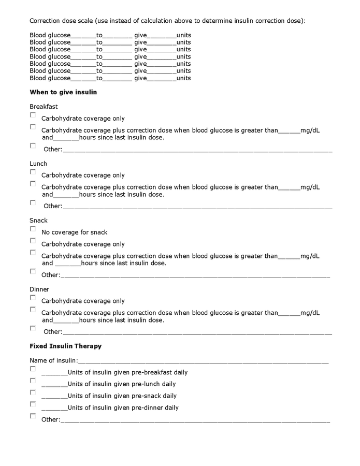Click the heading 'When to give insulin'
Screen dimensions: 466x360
click(63, 92)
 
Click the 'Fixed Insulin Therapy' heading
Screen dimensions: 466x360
click(65, 346)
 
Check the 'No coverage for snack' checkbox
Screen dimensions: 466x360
click(33, 229)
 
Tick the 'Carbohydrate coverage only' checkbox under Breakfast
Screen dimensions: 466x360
click(33, 115)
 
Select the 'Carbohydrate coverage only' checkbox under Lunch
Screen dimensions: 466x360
click(33, 172)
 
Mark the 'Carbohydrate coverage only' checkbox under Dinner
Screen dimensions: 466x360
click(33, 298)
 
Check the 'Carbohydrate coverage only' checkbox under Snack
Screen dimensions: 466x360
click(33, 241)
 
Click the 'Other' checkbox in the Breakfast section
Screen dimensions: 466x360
click(33, 146)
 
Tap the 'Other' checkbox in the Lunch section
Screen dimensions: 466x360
click(33, 203)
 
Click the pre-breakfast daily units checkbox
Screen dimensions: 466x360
click(33, 369)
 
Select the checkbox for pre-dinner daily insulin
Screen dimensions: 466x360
click(33, 404)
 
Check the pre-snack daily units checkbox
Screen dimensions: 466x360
click(33, 392)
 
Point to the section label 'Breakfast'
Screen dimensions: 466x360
click(44, 107)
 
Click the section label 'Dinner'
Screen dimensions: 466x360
click(39, 289)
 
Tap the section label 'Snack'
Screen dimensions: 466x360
click(38, 221)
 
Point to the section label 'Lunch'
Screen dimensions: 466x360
click(38, 164)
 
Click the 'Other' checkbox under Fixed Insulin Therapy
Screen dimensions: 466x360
click(33, 416)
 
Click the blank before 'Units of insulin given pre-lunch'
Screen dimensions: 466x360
click(54, 385)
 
